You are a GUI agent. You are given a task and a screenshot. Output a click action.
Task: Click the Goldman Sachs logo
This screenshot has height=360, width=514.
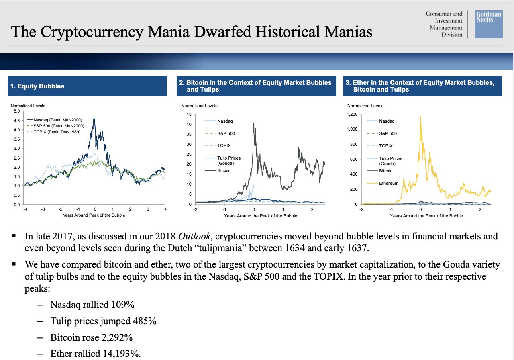(489, 24)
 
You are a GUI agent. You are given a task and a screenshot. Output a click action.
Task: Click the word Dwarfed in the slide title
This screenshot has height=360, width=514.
(222, 31)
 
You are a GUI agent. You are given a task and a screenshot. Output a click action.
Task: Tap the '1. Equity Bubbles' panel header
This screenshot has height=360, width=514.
(88, 86)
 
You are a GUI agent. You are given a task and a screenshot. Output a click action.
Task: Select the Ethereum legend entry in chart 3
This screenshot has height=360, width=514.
(382, 183)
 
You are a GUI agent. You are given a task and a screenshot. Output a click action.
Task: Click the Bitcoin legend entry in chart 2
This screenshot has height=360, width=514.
(218, 170)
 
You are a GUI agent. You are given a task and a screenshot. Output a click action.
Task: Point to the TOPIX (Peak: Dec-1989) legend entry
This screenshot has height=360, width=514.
(53, 132)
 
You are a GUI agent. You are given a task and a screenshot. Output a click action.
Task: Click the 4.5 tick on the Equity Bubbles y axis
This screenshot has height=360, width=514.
(17, 121)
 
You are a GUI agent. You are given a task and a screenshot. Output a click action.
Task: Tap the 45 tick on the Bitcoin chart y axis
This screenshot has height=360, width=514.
(189, 114)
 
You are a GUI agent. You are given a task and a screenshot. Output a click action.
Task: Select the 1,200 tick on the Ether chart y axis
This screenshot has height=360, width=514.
(352, 114)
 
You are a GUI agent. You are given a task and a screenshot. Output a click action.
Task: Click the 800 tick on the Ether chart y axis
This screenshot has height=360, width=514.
(354, 144)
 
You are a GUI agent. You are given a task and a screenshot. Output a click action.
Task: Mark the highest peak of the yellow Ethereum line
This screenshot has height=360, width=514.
(420, 116)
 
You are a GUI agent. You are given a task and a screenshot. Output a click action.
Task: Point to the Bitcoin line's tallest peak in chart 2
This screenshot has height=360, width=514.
(254, 123)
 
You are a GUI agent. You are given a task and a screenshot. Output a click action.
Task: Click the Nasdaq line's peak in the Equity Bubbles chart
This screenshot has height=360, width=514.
(94, 118)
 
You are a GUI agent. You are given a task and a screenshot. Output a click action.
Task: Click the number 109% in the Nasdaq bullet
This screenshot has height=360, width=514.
(123, 305)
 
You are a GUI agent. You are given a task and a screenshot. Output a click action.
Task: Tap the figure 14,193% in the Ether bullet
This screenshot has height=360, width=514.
(122, 354)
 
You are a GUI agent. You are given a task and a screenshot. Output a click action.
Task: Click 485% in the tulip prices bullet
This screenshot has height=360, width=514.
(145, 321)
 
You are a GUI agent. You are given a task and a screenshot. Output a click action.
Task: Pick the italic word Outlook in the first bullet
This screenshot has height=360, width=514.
(194, 236)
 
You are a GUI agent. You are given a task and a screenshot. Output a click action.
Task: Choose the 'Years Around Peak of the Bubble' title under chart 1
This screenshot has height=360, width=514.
(94, 215)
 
